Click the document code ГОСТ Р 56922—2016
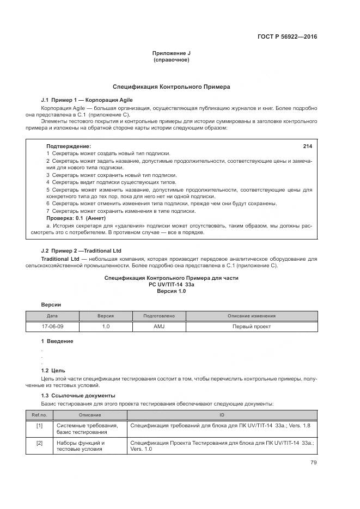287,37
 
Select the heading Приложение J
172,53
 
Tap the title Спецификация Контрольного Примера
172,87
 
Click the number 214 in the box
307,146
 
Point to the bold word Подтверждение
69,146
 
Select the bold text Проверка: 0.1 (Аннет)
74,218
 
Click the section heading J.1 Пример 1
87,100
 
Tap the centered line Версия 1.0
172,292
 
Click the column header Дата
52,316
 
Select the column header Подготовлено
158,316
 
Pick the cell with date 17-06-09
52,327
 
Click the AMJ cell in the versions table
158,327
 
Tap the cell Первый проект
251,327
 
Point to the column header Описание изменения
251,316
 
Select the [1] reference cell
39,425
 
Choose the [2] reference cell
39,443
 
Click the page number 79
313,463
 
